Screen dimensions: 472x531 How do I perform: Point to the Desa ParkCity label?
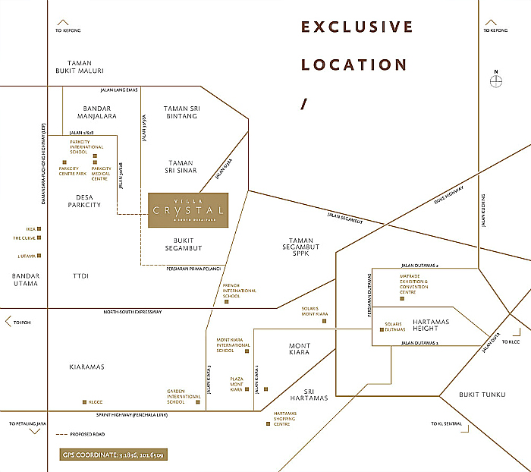[x=83, y=200]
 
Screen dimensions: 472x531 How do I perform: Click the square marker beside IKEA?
[x=39, y=228]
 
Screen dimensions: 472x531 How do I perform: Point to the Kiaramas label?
[x=85, y=367]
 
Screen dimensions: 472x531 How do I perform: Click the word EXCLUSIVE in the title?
[x=357, y=28]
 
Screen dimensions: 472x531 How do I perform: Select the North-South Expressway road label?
[x=133, y=312]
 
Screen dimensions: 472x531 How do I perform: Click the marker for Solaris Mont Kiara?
[x=324, y=321]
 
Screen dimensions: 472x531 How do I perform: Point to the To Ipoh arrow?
[x=8, y=322]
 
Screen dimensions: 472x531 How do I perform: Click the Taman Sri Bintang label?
[x=181, y=112]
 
